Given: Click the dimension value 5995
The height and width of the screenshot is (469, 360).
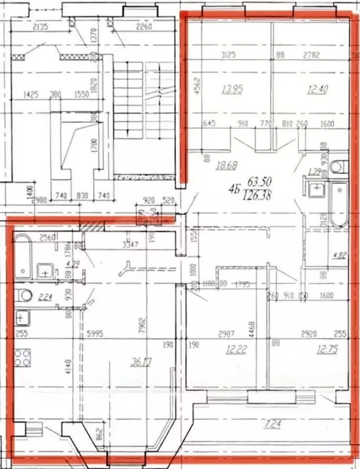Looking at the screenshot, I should click(94, 333).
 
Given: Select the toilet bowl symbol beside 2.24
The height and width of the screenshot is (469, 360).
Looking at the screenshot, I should click(25, 297).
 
